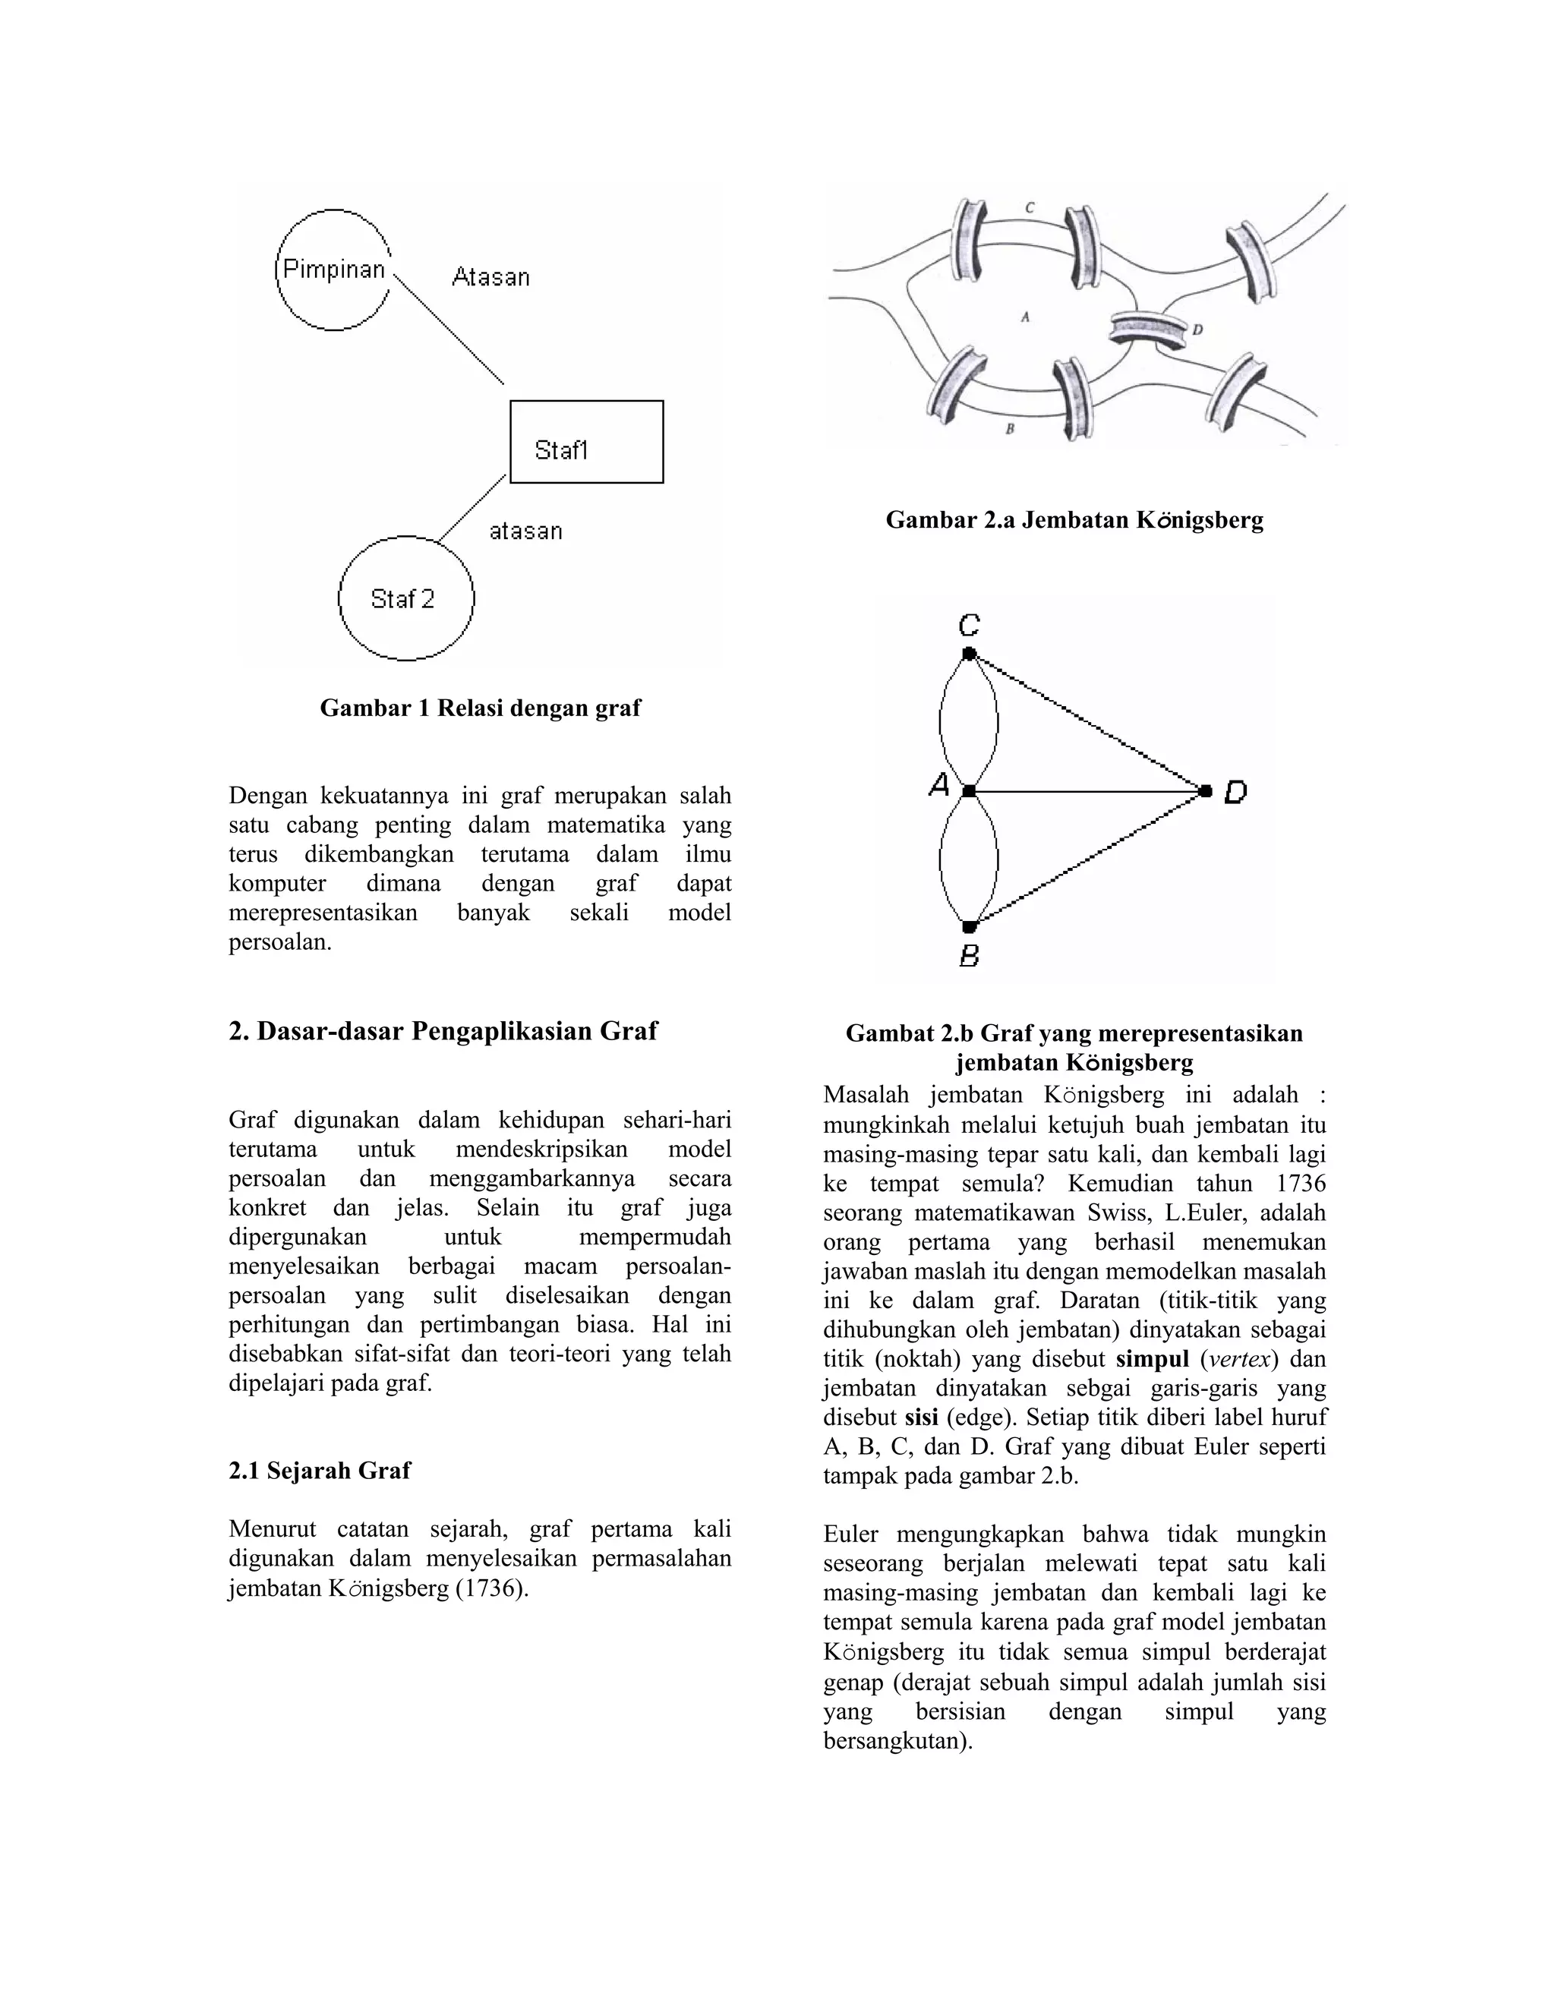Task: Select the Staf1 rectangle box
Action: click(586, 441)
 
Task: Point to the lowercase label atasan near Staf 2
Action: click(525, 531)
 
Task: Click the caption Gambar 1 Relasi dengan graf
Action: click(480, 708)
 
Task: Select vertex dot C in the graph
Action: click(968, 653)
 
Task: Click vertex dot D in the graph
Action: click(1206, 790)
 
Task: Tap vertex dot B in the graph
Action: click(968, 926)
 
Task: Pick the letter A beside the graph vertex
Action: click(938, 786)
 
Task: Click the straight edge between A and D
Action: click(1087, 790)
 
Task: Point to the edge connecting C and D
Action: click(1087, 721)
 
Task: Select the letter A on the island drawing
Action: click(1025, 317)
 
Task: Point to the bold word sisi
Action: click(920, 1417)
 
